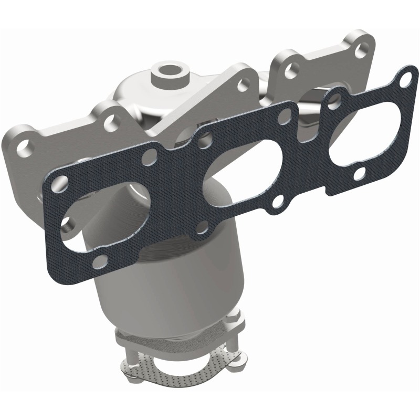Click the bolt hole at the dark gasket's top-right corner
point(403,79)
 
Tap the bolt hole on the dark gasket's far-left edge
point(62,184)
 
